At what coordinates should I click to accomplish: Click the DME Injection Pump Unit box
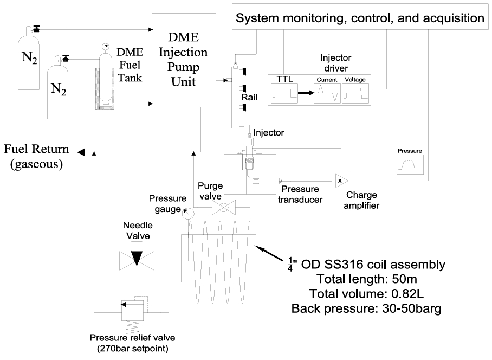click(184, 60)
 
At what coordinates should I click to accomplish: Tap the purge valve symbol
click(224, 208)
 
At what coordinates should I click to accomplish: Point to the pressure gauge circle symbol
click(189, 214)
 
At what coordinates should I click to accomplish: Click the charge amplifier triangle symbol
click(340, 181)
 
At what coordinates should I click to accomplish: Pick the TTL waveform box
click(284, 94)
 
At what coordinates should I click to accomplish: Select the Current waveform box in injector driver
click(327, 94)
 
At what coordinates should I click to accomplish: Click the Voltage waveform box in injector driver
click(355, 94)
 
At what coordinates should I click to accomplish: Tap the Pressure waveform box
click(410, 164)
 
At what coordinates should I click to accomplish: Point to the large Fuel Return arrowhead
click(81, 152)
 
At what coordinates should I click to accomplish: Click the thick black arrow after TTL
click(306, 93)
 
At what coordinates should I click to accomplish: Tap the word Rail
click(249, 97)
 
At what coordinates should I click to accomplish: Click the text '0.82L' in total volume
click(407, 294)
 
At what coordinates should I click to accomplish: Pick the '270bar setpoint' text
click(133, 349)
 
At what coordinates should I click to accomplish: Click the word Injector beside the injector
click(268, 132)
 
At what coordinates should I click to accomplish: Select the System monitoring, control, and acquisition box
click(360, 17)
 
